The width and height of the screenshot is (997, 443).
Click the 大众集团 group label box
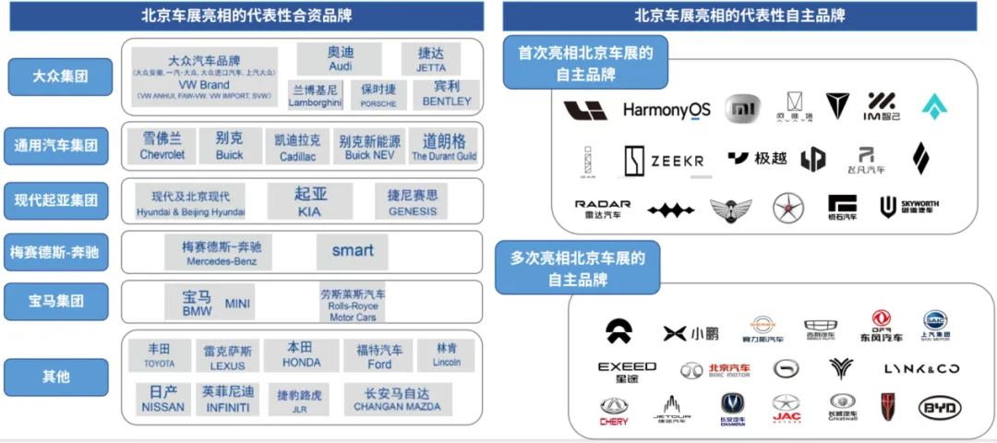[x=60, y=76]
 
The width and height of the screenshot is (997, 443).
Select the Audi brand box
[x=340, y=59]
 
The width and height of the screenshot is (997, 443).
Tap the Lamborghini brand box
[x=315, y=95]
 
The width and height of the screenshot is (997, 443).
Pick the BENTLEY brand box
[x=446, y=94]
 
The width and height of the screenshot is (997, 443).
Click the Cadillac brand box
[x=297, y=147]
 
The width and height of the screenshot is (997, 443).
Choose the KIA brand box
[x=310, y=201]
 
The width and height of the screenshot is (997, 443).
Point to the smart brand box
[x=353, y=251]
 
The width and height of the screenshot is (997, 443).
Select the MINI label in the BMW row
[x=238, y=304]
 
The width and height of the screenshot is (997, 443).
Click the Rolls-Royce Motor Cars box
[x=353, y=305]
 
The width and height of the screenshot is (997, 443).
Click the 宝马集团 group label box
[x=56, y=300]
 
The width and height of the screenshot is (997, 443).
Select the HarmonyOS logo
[x=667, y=111]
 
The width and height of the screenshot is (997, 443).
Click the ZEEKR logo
[x=665, y=161]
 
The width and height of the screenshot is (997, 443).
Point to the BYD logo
[x=940, y=408]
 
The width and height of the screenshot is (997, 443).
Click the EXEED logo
[x=627, y=371]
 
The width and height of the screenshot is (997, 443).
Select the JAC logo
[x=786, y=408]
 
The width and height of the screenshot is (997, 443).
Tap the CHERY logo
[x=614, y=411]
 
